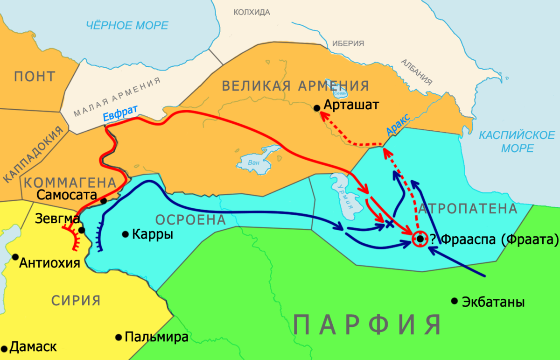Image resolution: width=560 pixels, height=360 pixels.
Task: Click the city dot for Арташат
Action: [317, 108]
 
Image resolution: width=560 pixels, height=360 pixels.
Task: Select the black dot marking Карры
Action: [125, 234]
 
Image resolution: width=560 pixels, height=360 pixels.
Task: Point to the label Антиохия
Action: [49, 263]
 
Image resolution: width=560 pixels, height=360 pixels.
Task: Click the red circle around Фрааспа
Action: [420, 239]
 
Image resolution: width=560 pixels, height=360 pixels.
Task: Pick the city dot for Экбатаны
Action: [454, 301]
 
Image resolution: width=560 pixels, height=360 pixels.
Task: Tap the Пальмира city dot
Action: [118, 337]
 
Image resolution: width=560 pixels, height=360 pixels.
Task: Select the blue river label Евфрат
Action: [120, 114]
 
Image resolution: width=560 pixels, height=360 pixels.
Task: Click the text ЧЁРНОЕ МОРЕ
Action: [127, 26]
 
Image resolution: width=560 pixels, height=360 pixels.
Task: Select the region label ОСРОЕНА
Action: [190, 219]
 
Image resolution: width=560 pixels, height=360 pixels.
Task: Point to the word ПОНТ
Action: [35, 76]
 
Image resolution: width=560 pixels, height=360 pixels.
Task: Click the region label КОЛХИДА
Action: [252, 12]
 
